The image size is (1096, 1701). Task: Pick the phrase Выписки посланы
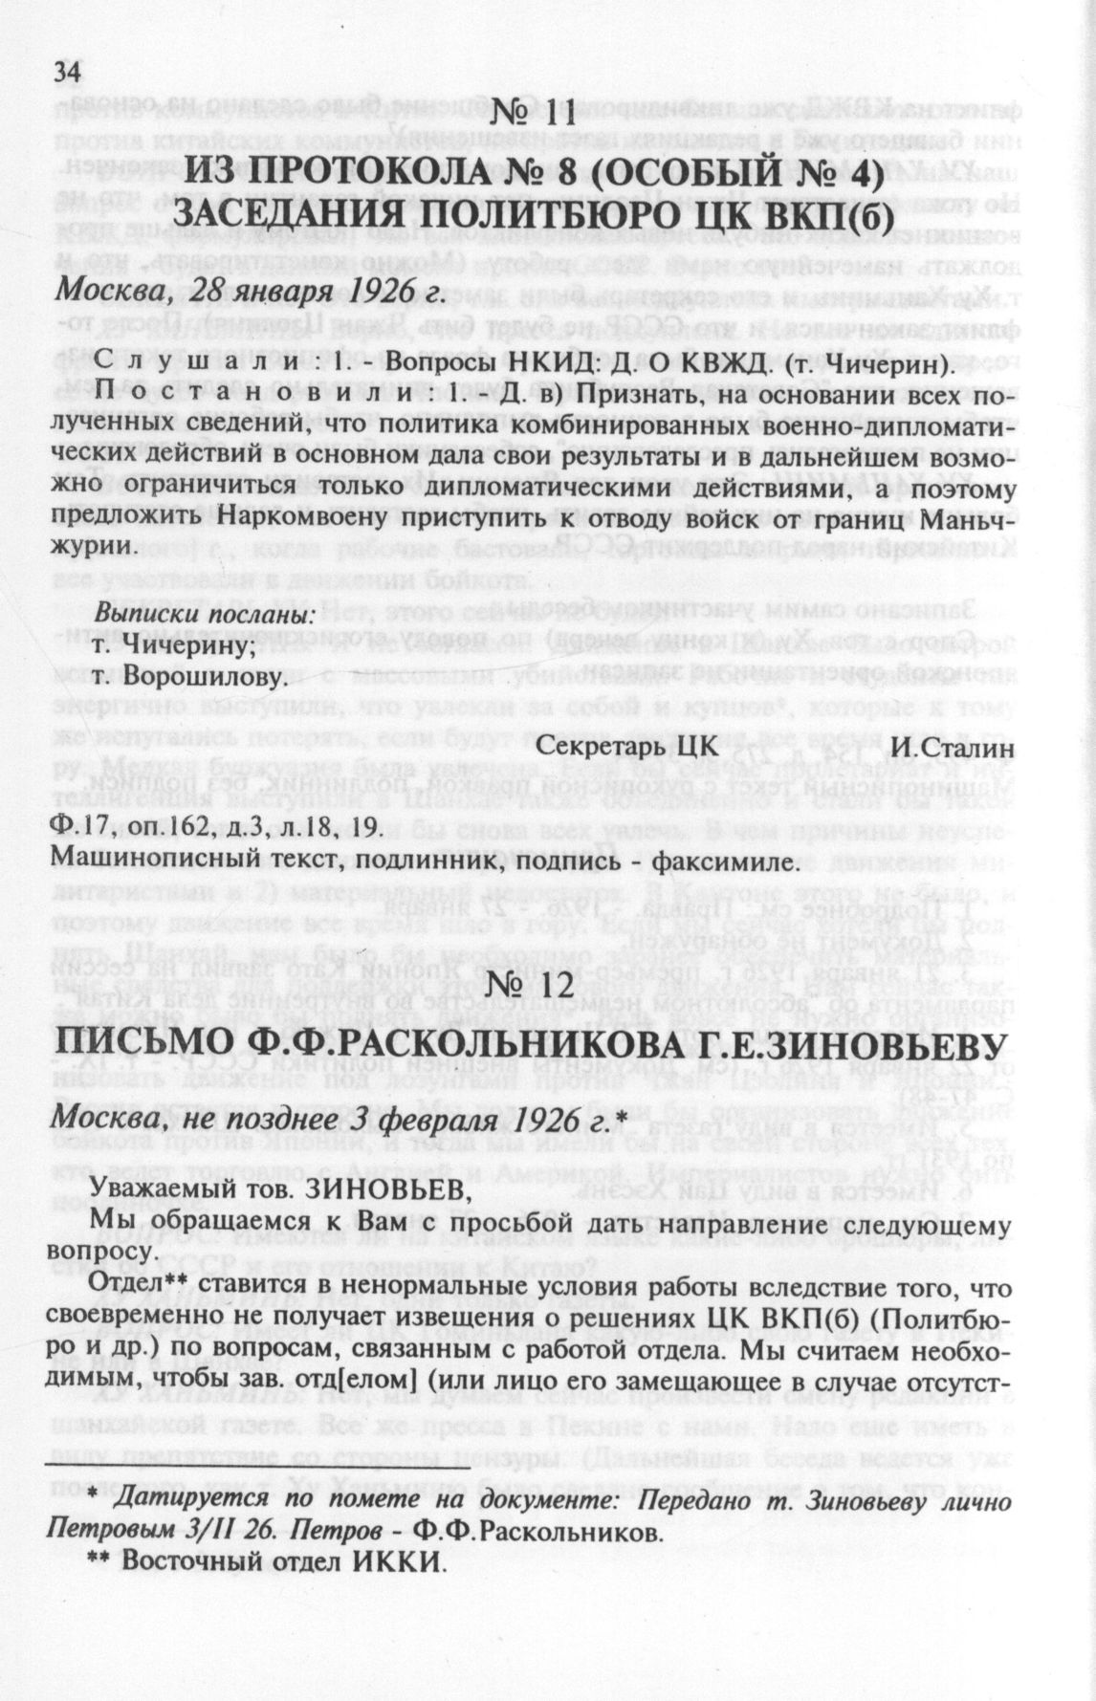click(208, 614)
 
